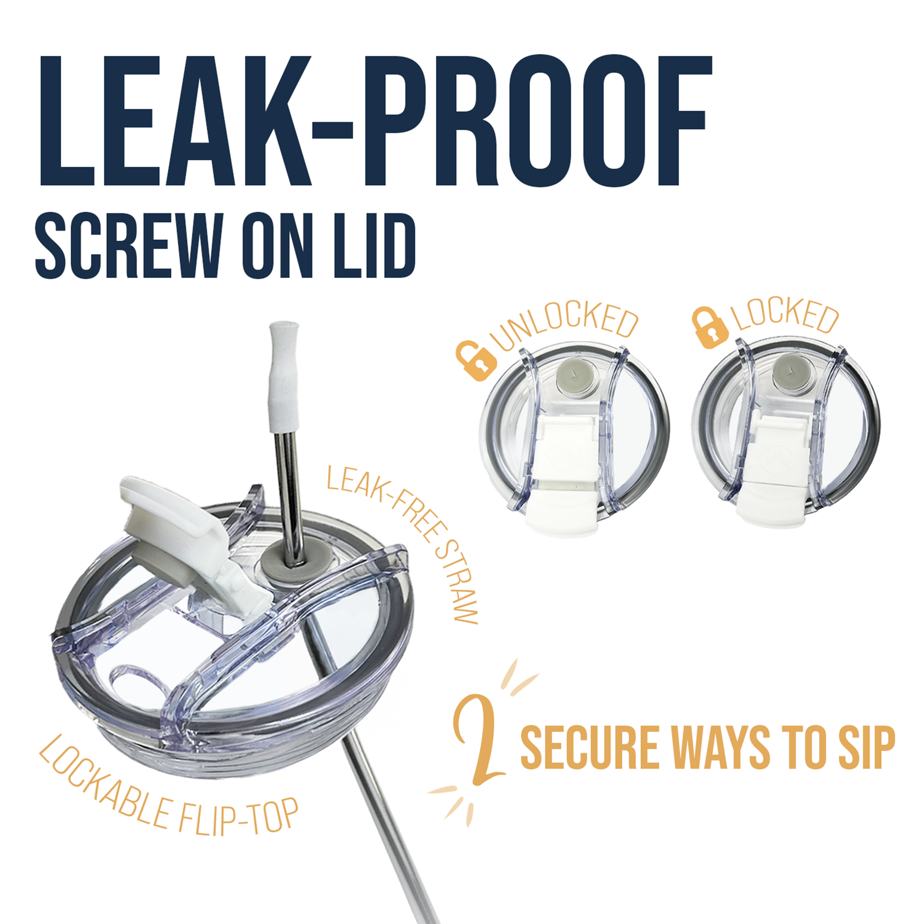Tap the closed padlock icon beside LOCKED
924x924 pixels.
(x=710, y=327)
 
